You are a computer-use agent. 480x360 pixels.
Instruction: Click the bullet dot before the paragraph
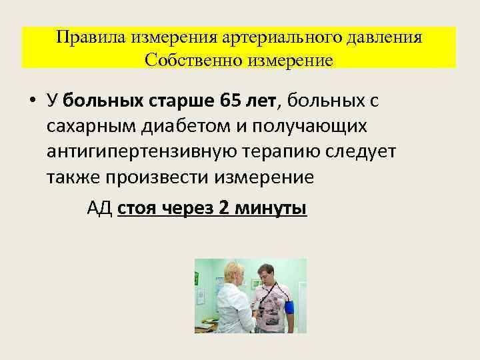(x=33, y=101)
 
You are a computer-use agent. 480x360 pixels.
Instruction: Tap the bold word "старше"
(x=180, y=100)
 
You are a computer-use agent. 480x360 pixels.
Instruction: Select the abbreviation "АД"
(x=99, y=208)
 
